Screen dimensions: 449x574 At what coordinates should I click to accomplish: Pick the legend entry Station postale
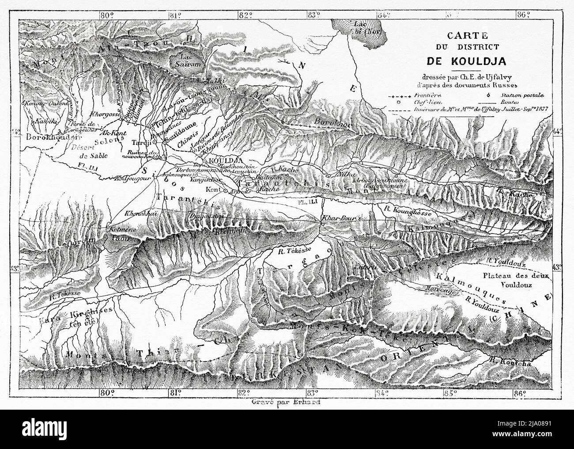(528, 95)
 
